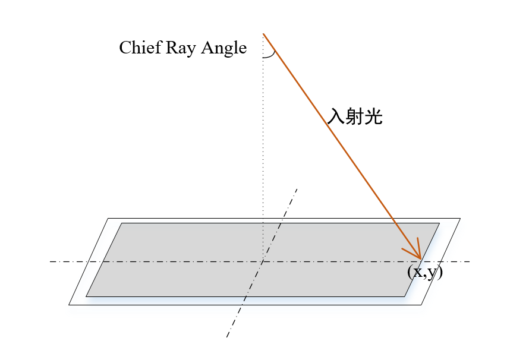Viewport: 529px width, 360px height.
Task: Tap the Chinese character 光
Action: click(x=373, y=116)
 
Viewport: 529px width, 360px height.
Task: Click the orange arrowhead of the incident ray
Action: click(x=418, y=254)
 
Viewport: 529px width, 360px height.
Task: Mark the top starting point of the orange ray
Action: click(x=263, y=34)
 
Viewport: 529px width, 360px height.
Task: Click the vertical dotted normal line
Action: click(x=263, y=149)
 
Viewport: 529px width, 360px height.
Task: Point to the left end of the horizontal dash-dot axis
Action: click(x=51, y=261)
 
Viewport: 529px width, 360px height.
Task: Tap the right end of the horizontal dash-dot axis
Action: click(x=470, y=261)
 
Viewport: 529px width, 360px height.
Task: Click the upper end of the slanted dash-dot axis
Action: click(x=297, y=188)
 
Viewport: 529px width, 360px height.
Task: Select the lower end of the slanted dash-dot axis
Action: click(x=226, y=337)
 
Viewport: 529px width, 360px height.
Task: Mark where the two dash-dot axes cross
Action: click(x=262, y=261)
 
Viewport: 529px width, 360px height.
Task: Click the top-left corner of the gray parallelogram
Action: click(x=122, y=223)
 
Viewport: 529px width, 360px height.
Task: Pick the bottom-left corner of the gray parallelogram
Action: click(x=87, y=296)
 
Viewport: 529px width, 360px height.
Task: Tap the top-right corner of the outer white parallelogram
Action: click(x=460, y=219)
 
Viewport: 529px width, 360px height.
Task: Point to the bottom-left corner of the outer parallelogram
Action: click(x=69, y=305)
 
